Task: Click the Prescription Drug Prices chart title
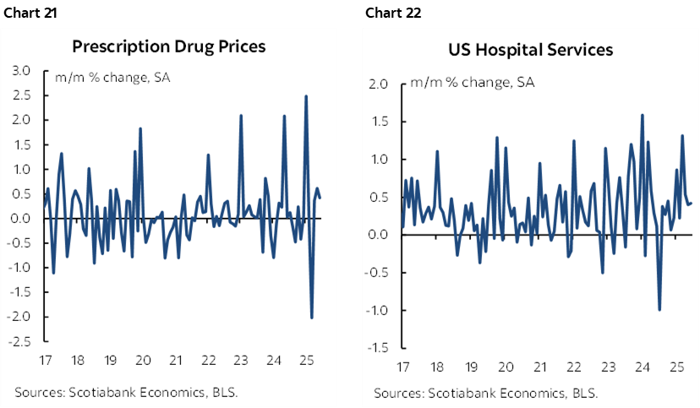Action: tap(169, 46)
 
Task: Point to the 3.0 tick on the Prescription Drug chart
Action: tap(19, 71)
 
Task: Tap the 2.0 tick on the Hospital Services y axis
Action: tap(378, 84)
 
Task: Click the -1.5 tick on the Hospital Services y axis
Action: tap(376, 348)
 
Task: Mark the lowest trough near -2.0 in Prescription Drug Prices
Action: tap(312, 318)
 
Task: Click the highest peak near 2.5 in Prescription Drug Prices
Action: tap(305, 96)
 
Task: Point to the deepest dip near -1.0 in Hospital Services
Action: tap(659, 310)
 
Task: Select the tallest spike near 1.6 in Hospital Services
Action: tap(643, 115)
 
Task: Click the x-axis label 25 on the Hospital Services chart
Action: tap(675, 367)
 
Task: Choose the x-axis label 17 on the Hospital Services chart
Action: tap(403, 367)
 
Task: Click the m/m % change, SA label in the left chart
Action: tap(102, 78)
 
